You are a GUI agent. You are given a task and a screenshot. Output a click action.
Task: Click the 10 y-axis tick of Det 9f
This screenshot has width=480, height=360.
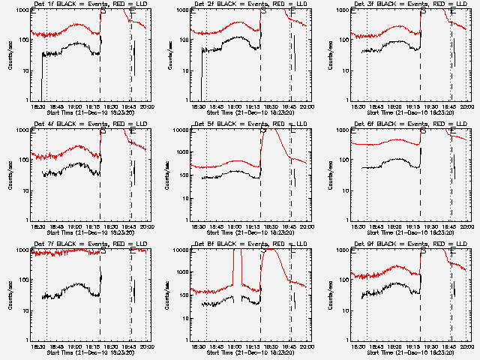click(x=346, y=310)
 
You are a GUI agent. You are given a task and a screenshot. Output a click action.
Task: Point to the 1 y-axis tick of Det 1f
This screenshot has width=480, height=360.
click(x=27, y=100)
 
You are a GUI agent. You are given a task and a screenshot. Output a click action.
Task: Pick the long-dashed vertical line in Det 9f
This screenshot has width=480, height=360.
click(x=421, y=315)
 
